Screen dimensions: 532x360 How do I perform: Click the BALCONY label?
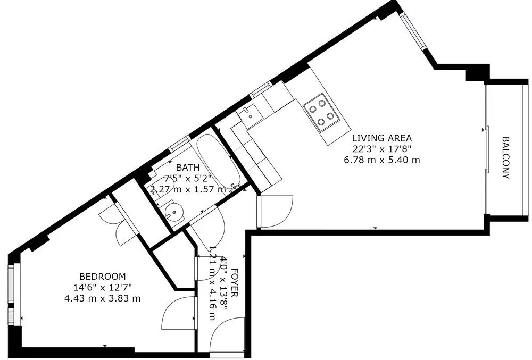click(505, 157)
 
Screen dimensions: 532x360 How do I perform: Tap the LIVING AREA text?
click(381, 138)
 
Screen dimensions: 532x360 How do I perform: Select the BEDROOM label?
click(102, 277)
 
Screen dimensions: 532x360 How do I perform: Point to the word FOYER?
click(235, 283)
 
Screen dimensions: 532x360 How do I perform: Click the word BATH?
click(188, 168)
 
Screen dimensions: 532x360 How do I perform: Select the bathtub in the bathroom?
click(219, 162)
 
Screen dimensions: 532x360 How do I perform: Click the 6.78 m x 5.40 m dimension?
click(382, 160)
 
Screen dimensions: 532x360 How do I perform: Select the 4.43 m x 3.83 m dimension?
click(102, 298)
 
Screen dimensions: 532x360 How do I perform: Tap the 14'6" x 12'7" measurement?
click(103, 288)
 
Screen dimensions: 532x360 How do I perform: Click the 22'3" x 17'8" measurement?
click(382, 149)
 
